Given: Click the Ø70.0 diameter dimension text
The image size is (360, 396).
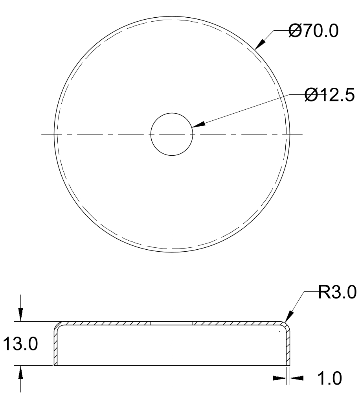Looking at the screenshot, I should coord(313,31).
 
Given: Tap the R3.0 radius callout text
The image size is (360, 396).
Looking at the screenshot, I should coord(337,293).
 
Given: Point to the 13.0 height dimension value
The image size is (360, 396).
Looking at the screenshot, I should coord(20,344).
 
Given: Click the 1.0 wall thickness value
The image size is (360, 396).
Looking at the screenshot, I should coord(329,379).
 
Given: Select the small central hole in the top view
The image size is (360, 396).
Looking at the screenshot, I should coord(172,134).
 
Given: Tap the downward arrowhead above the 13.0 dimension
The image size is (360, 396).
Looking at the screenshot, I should coord(21,315).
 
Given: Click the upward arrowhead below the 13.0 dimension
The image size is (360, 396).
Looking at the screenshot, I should coord(21,372).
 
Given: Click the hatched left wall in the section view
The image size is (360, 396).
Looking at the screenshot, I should coord(55,346).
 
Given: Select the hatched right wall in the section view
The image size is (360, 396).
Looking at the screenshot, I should coord(288,346).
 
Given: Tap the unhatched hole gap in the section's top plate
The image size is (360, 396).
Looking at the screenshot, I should coord(172,323).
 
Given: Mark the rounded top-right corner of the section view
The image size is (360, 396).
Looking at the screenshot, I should coord(286,326).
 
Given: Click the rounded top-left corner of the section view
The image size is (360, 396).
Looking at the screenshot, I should coord(58,326).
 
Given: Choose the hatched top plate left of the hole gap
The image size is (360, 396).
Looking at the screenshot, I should coord(106,323).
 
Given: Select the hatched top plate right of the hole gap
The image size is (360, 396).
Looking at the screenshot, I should coord(236,323).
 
